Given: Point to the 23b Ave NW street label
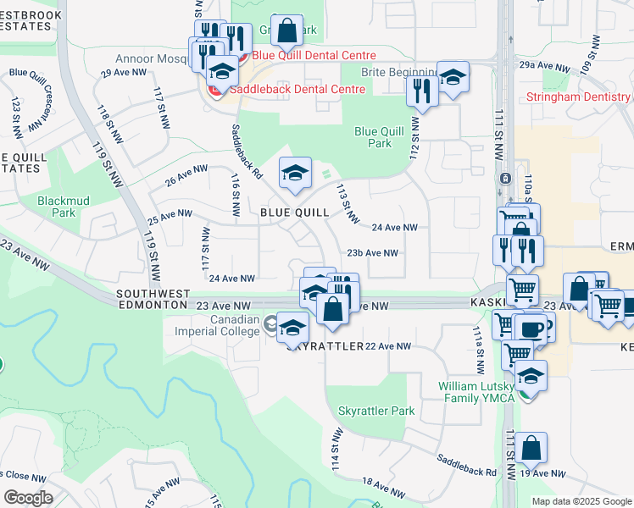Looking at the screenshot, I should point(372,253).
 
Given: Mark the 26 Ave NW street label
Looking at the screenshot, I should point(186,176).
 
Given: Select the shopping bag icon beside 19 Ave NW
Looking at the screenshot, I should point(533,449).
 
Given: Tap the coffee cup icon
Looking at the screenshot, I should point(532,329).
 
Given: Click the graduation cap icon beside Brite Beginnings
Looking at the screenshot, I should point(453,78).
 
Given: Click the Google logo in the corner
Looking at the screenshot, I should point(29,498).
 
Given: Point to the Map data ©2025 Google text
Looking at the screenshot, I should point(581,501).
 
